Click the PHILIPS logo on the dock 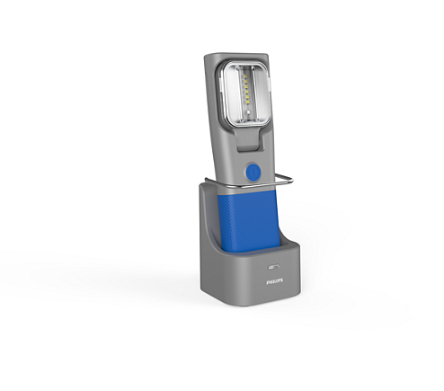click(274, 280)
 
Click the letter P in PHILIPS click(267, 280)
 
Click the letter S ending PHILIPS click(281, 280)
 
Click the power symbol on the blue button click(252, 170)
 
